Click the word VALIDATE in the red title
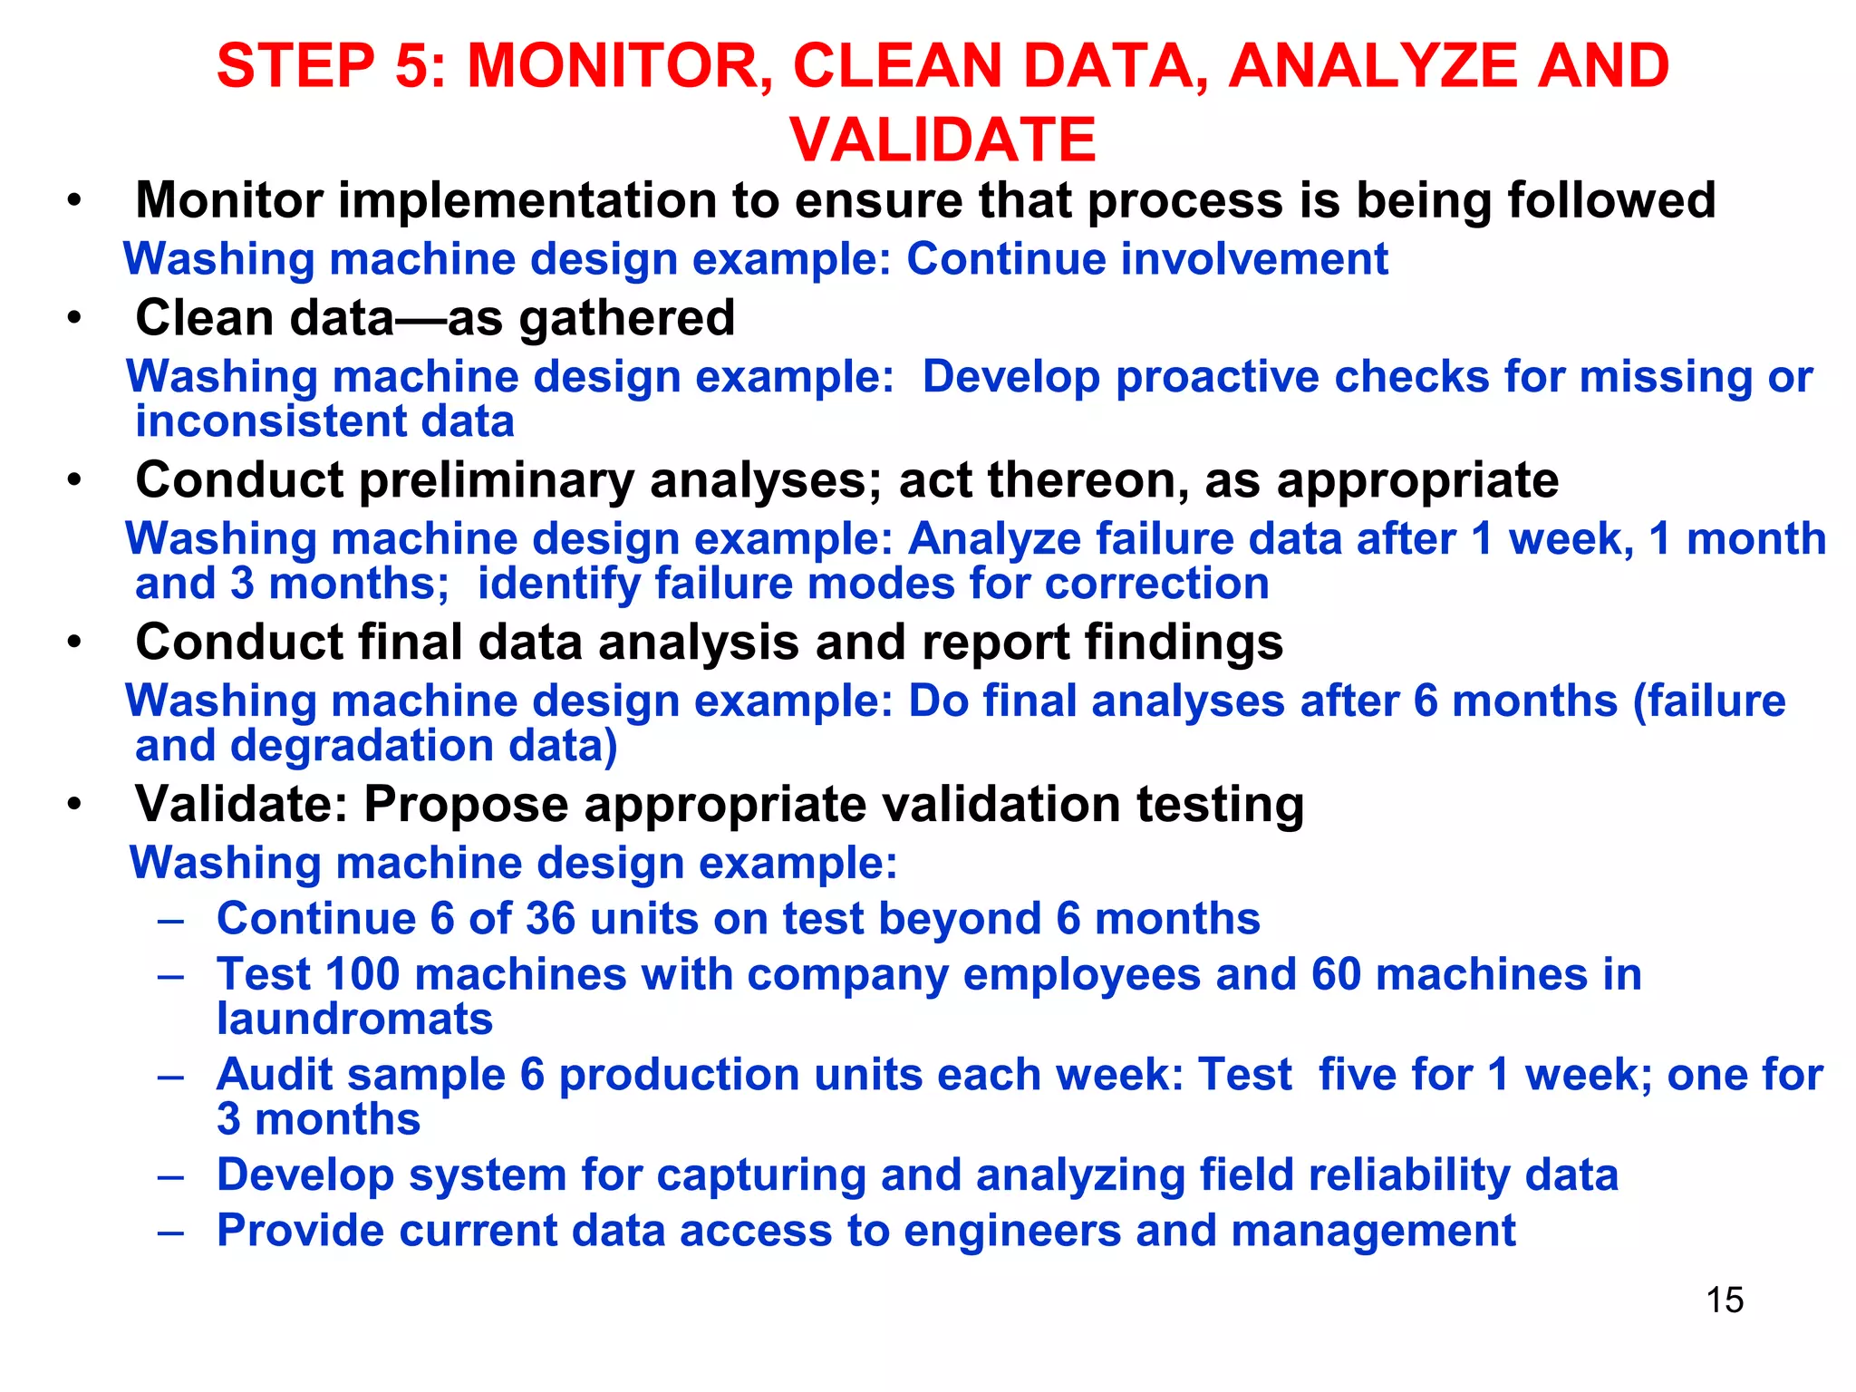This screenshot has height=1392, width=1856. click(x=942, y=140)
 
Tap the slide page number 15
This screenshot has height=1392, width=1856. click(x=1725, y=1300)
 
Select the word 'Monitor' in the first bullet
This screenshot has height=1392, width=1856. click(x=228, y=200)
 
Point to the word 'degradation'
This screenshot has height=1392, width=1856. click(x=362, y=746)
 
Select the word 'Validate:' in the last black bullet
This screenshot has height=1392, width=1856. click(x=241, y=804)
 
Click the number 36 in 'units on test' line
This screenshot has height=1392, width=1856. click(x=550, y=919)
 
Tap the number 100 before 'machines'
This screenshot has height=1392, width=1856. click(x=362, y=975)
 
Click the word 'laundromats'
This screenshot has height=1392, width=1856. click(x=354, y=1020)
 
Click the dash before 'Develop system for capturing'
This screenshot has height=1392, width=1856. click(x=170, y=1176)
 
